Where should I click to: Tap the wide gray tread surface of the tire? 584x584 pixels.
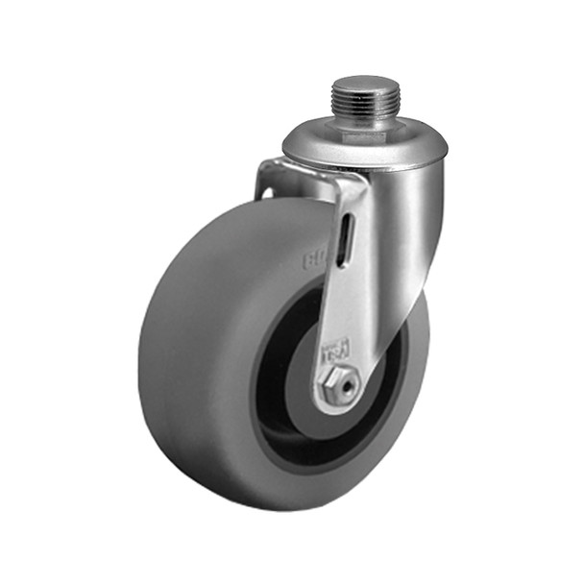pyautogui.click(x=192, y=365)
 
